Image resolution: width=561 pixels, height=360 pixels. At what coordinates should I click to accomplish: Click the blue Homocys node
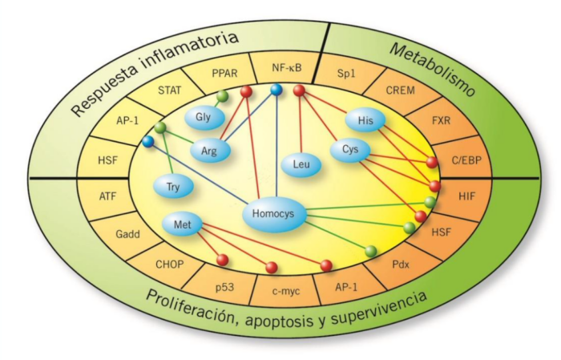coord(273,214)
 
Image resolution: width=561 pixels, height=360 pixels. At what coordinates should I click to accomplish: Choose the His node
coord(365,121)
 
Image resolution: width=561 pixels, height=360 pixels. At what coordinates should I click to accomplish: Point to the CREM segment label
coord(401,90)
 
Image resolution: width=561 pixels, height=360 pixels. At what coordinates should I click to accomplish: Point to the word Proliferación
coord(194,302)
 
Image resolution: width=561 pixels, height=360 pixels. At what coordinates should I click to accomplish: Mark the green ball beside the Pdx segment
coord(370,251)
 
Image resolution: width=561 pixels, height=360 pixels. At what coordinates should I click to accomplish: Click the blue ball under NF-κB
coord(275,91)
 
